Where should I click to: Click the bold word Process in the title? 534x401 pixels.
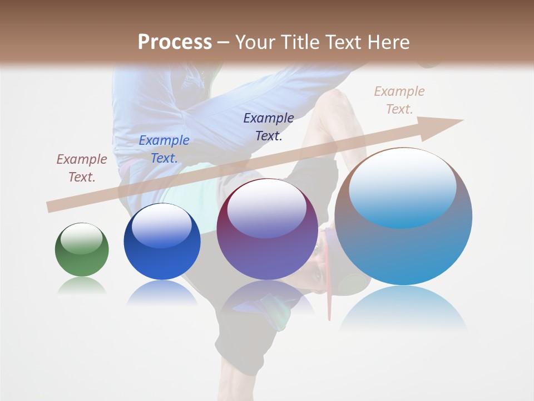pyautogui.click(x=175, y=42)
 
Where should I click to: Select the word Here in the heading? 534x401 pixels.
pyautogui.click(x=387, y=42)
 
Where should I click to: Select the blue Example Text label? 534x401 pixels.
pyautogui.click(x=164, y=149)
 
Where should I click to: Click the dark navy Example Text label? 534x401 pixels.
pyautogui.click(x=269, y=127)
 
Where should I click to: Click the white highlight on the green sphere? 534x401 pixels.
pyautogui.click(x=82, y=238)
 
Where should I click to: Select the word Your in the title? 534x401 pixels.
pyautogui.click(x=255, y=42)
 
